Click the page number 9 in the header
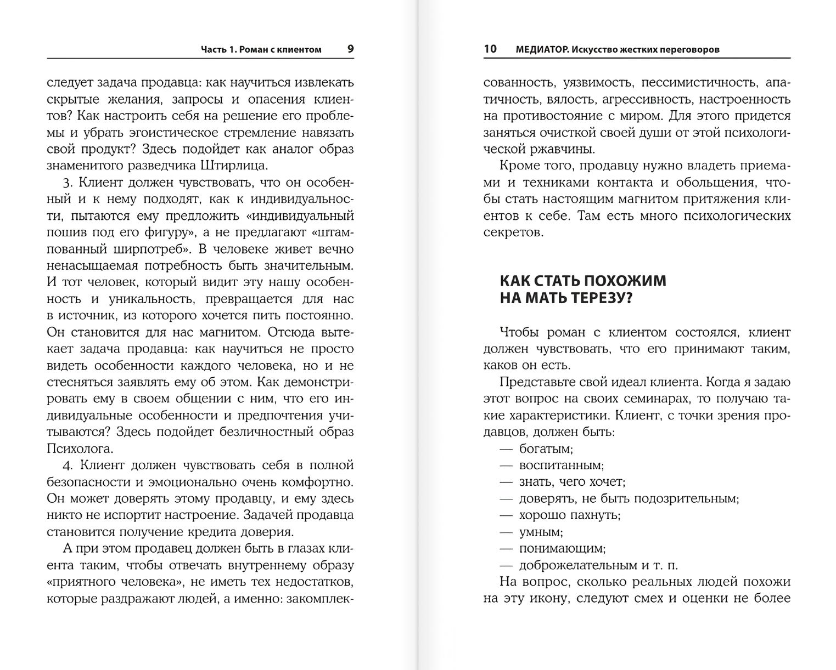point(351,49)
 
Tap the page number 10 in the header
point(490,49)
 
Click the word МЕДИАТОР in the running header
point(541,49)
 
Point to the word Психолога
point(80,448)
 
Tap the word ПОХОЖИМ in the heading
point(624,281)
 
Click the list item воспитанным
point(561,465)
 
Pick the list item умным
point(541,532)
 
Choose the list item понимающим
point(562,548)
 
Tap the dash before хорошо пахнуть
point(506,515)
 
